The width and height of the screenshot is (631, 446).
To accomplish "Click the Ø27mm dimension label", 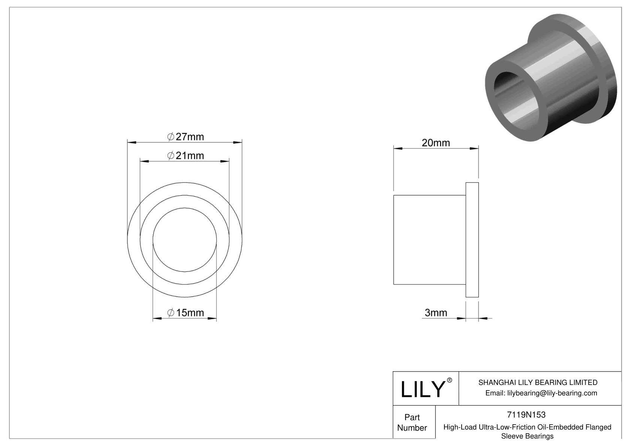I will click(185, 137).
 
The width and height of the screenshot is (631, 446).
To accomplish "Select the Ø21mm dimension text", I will click(185, 155).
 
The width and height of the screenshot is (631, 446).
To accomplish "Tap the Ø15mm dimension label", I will click(185, 313).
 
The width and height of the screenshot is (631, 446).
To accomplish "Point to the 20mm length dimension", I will click(436, 143).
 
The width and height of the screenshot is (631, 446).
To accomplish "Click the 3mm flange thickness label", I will click(436, 312).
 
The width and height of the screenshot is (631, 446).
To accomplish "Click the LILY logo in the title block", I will click(422, 389).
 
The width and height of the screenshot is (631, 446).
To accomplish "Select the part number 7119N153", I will click(526, 415).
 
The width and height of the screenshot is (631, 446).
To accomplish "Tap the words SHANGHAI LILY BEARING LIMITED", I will click(538, 382).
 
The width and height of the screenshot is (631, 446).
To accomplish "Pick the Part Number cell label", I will click(412, 422).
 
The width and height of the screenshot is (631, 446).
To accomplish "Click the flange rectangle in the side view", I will click(472, 240).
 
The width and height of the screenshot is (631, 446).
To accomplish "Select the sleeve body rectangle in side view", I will click(429, 240).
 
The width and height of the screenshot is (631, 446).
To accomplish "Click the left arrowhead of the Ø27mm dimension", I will click(132, 142).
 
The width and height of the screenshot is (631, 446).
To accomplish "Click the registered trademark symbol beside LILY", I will click(450, 380).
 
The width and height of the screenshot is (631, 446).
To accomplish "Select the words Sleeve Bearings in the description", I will click(527, 436).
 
